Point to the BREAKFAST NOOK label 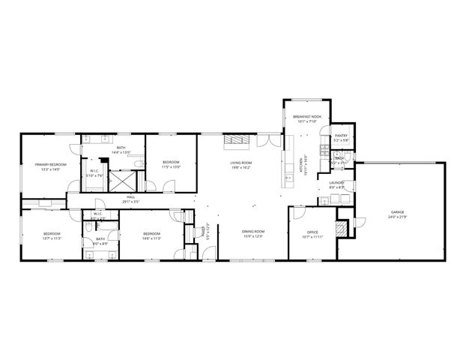point(307,117)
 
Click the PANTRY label point(341,136)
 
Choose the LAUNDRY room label point(336,182)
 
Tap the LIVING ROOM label point(240,163)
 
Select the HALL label point(131,198)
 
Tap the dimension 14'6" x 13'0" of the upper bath point(121,152)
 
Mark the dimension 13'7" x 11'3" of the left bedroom point(51,238)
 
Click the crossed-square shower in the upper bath point(121,181)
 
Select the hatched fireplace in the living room point(239,140)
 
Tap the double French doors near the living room point(265,139)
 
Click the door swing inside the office point(297,215)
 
